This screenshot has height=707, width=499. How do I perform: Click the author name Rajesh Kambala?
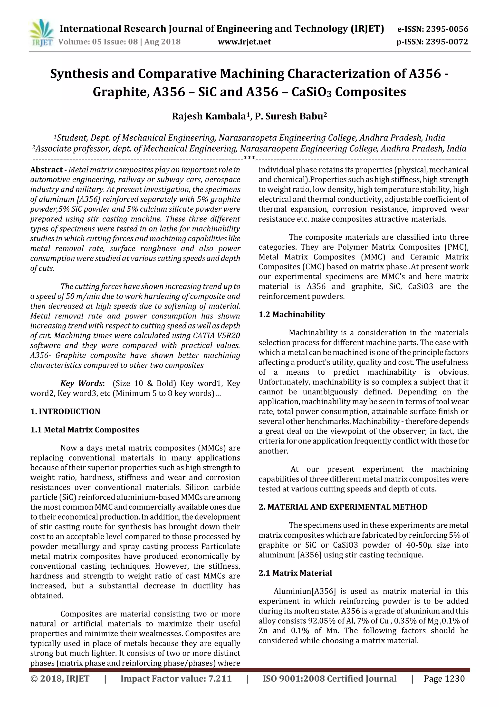coord(209,116)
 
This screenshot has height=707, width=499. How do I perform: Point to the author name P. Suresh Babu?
coord(289,116)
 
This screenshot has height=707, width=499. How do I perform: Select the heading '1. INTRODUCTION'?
coord(65,411)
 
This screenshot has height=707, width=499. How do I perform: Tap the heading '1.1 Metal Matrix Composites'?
coord(85,430)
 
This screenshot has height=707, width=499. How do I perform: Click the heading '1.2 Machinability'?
coord(291,314)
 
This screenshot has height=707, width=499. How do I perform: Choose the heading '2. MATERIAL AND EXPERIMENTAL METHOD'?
coord(343,507)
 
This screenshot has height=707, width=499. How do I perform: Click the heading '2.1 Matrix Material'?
coord(295,573)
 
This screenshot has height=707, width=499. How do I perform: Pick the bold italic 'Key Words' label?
coord(81,383)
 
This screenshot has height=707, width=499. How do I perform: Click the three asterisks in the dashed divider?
coord(249,159)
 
